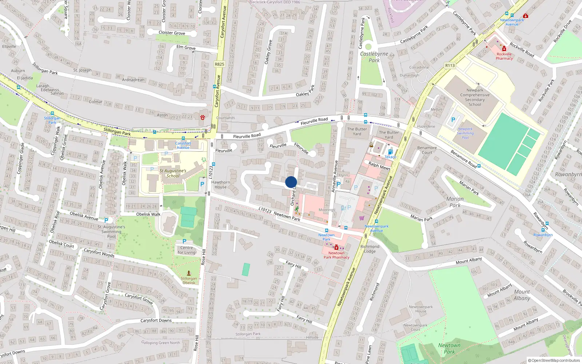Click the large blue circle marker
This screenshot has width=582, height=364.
291,182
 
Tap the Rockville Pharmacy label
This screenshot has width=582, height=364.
504,56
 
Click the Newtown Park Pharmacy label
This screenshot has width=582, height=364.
336,255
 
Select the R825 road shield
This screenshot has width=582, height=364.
219,64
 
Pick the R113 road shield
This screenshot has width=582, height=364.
450,66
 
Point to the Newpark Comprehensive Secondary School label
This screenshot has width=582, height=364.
475,97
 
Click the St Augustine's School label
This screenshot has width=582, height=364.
173,173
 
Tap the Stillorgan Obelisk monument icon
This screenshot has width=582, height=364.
189,273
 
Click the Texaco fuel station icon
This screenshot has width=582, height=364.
390,152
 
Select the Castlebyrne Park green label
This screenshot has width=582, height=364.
374,57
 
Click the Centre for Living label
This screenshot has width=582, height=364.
187,250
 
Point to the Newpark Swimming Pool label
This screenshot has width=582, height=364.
465,133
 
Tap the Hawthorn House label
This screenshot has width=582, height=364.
220,185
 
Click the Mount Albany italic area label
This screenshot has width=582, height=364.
522,295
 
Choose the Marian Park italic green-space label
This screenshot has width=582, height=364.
455,202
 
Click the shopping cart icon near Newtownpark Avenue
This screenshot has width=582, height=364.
362,218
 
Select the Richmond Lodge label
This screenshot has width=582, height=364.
370,249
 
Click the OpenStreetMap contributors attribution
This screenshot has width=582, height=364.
554,360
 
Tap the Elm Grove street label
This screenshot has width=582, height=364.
186,47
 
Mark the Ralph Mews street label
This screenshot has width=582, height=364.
379,166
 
